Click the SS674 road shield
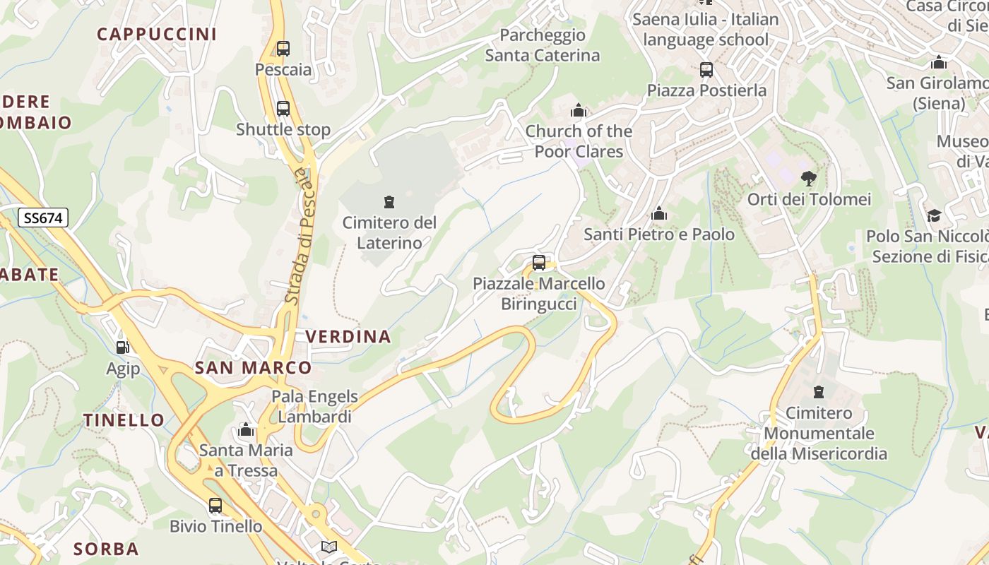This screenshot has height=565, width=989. pyautogui.click(x=43, y=218)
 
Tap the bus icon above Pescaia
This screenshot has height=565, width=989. pyautogui.click(x=283, y=49)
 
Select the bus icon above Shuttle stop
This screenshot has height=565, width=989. pyautogui.click(x=283, y=109)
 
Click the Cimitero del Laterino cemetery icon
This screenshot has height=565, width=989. pyautogui.click(x=389, y=202)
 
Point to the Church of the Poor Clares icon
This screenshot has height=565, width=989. pyautogui.click(x=579, y=111)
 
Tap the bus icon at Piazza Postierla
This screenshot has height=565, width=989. pyautogui.click(x=706, y=70)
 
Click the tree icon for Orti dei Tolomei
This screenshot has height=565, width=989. pyautogui.click(x=809, y=179)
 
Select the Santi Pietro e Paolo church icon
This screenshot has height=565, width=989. pyautogui.click(x=659, y=213)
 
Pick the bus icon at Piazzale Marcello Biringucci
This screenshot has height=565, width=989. pyautogui.click(x=539, y=263)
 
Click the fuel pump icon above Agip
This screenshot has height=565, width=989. pyautogui.click(x=123, y=347)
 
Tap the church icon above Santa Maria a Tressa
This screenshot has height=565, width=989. pyautogui.click(x=246, y=429)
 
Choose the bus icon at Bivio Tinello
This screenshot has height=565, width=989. pyautogui.click(x=215, y=506)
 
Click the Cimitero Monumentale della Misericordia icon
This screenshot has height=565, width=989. pyautogui.click(x=819, y=391)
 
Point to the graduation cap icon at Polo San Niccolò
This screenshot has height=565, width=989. pyautogui.click(x=934, y=215)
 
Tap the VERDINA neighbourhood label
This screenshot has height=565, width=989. pyautogui.click(x=348, y=336)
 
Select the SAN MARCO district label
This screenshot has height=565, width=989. pyautogui.click(x=253, y=367)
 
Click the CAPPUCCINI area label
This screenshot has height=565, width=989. pyautogui.click(x=157, y=34)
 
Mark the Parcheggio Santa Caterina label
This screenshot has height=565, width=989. pyautogui.click(x=543, y=45)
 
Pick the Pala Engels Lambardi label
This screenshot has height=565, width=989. pyautogui.click(x=314, y=406)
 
